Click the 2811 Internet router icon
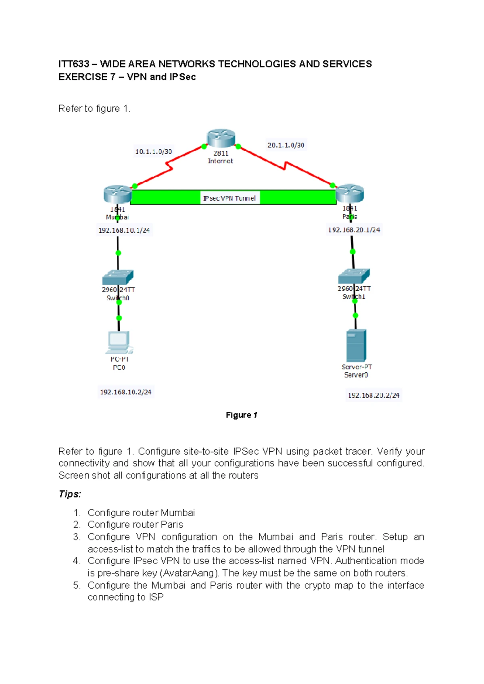tap(221, 138)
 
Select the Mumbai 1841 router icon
tap(117, 194)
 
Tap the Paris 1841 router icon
tap(350, 193)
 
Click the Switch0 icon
tap(118, 277)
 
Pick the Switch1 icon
tap(354, 276)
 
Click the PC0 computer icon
tap(119, 342)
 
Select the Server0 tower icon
tap(356, 345)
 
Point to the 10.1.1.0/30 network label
tap(153, 152)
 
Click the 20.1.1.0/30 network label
tap(286, 145)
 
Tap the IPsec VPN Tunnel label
tap(229, 198)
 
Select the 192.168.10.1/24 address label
tap(124, 230)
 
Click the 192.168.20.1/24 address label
tap(354, 230)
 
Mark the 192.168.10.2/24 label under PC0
tap(125, 392)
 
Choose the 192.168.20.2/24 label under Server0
tap(373, 395)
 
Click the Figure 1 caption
tap(241, 415)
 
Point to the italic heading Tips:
tap(70, 494)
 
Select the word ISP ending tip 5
tap(156, 597)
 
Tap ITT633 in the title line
tap(73, 64)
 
